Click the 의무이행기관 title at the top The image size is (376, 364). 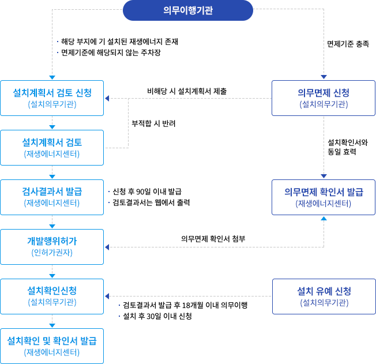[x=188, y=10]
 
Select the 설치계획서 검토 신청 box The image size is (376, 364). [x=52, y=97]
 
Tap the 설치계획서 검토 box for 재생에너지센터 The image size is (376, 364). [x=52, y=147]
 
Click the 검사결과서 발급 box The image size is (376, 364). [x=52, y=197]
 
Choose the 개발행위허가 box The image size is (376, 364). [x=52, y=246]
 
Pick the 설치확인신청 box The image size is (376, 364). [x=52, y=295]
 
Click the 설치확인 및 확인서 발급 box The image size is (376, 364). [x=52, y=346]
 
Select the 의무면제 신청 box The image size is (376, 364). [x=324, y=97]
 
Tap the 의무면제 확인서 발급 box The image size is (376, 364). [x=324, y=197]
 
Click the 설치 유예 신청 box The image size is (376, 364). [x=324, y=296]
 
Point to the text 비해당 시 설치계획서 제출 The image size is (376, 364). [x=187, y=91]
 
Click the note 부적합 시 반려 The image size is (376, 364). [x=153, y=124]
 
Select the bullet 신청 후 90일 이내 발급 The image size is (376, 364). [x=148, y=191]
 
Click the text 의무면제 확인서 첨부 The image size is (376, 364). [x=213, y=239]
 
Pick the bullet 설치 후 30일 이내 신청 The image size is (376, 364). [x=157, y=317]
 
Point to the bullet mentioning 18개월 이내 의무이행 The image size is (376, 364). [x=185, y=305]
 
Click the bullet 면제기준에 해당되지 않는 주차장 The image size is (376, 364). [x=111, y=52]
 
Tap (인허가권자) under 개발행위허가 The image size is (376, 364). [x=52, y=253]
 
